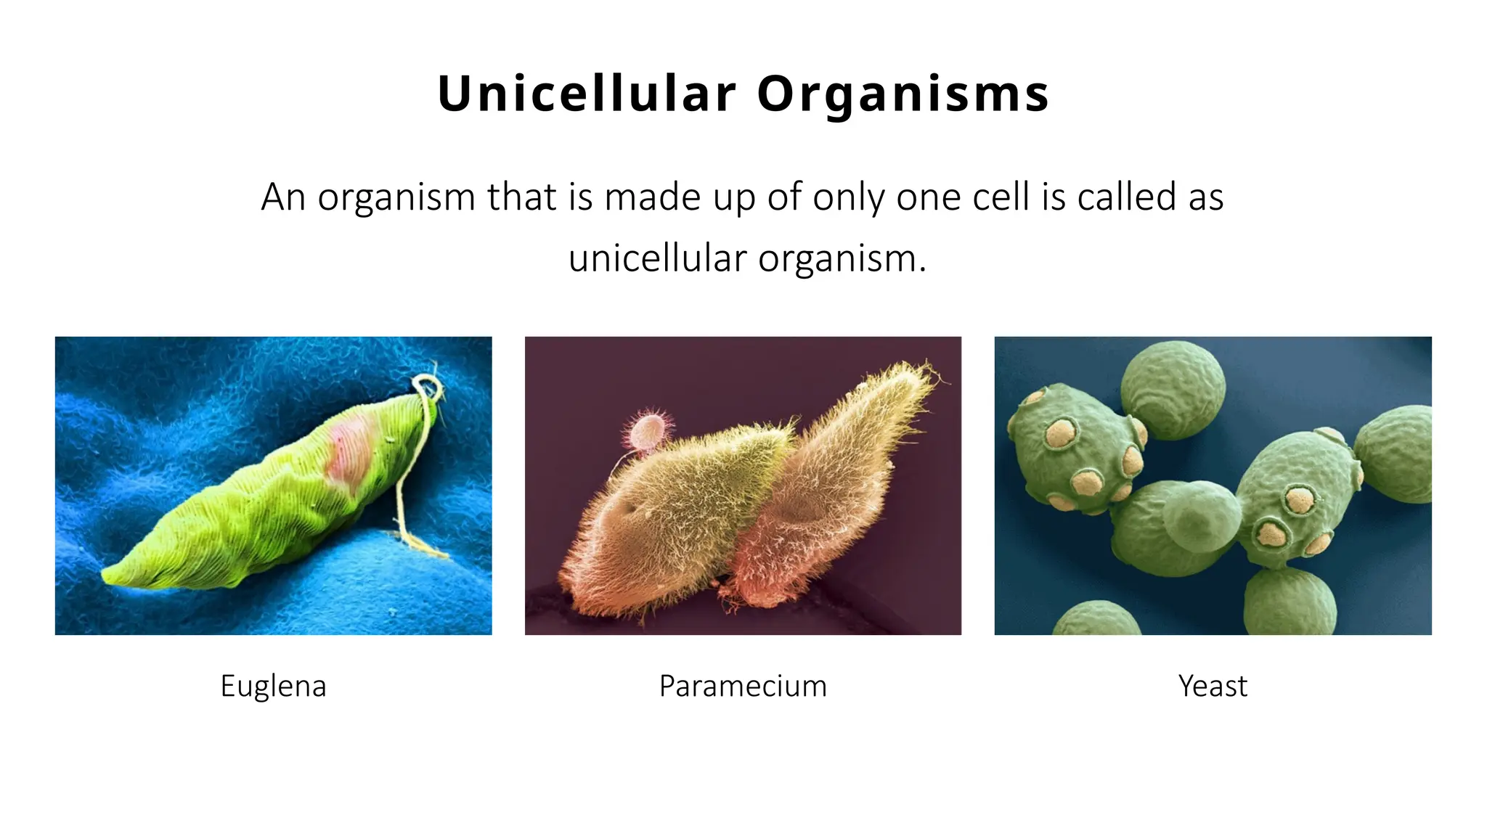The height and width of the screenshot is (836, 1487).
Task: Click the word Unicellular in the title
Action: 587,94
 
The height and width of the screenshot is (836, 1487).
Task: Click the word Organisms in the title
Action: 903,95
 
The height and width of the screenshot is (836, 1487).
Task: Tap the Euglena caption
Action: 273,686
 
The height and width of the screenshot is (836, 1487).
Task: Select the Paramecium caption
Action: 743,686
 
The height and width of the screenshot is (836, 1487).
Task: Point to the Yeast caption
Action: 1213,686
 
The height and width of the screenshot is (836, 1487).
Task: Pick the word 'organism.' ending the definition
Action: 842,259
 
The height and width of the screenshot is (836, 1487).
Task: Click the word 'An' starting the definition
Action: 282,197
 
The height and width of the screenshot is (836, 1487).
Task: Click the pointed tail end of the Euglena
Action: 109,575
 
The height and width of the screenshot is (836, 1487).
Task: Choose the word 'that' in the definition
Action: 521,197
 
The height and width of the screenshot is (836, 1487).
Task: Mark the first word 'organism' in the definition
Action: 396,198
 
